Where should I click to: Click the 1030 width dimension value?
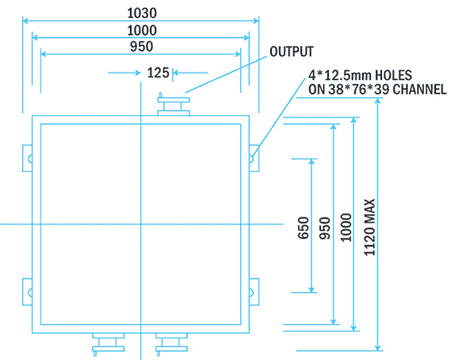click(x=141, y=13)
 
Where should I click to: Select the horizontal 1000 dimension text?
click(x=141, y=30)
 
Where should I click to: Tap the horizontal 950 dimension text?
click(x=141, y=47)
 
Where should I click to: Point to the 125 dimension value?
click(x=158, y=73)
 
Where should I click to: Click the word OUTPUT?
click(x=292, y=52)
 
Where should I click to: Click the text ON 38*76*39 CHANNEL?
click(x=376, y=90)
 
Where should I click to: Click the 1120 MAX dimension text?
click(x=369, y=224)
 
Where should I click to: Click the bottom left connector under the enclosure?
click(x=107, y=342)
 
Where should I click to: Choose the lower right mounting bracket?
click(x=254, y=291)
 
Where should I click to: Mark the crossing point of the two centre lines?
click(x=140, y=225)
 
